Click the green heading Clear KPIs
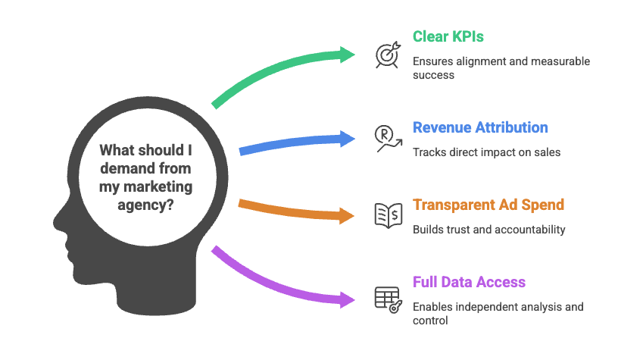tap(449, 36)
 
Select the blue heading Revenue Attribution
tap(480, 127)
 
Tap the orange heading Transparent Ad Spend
tap(488, 205)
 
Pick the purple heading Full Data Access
tap(469, 282)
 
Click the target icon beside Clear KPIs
tap(388, 55)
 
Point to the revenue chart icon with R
tap(388, 138)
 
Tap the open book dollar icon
tap(388, 215)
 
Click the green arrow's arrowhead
tap(348, 54)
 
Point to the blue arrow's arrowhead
tap(348, 138)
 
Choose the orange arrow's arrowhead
tap(347, 216)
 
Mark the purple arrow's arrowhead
tap(347, 299)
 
